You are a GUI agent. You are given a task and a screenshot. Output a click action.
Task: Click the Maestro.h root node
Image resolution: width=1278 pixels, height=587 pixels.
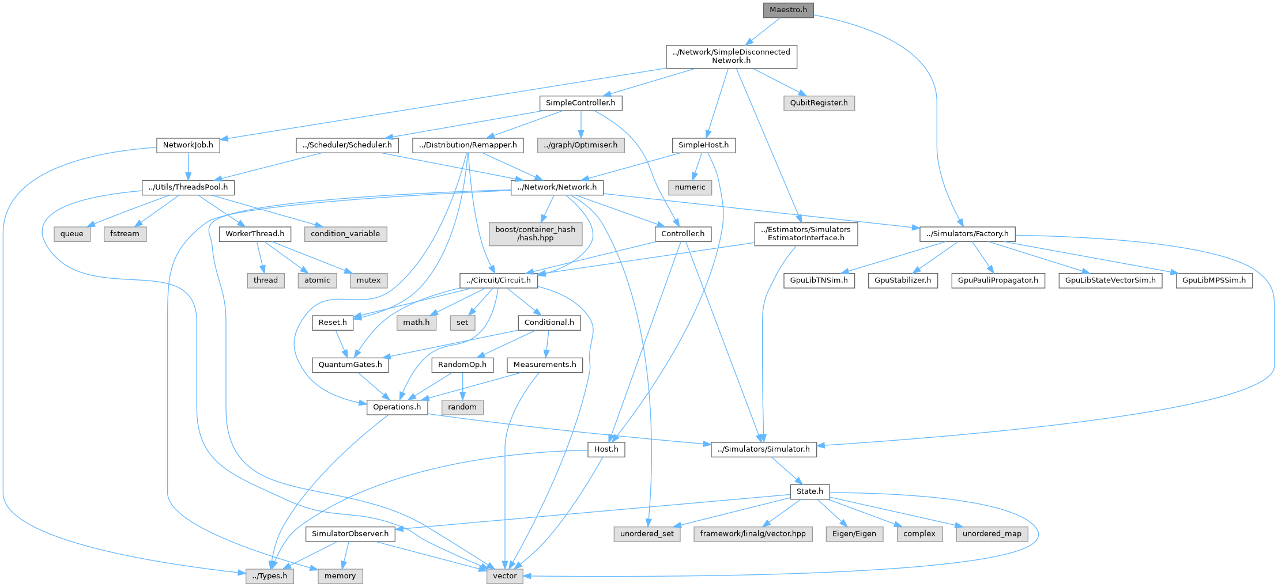788,10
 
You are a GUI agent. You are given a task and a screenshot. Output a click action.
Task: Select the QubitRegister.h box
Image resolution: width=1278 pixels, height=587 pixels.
819,103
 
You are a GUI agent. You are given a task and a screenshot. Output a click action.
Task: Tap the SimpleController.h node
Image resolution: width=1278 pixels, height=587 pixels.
580,103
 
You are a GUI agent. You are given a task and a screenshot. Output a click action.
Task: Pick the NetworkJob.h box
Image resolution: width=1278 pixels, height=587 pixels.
188,145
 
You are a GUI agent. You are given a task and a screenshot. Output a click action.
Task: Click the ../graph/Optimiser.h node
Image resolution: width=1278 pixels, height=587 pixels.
580,145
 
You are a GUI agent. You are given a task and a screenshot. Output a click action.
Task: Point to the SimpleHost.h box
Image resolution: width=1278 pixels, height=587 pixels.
703,145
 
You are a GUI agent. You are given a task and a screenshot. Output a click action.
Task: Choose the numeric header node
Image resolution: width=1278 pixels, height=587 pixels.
690,187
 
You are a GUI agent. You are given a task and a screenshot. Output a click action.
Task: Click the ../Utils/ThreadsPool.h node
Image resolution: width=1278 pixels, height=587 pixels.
188,187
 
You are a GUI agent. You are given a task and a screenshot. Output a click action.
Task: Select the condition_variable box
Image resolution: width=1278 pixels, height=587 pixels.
345,234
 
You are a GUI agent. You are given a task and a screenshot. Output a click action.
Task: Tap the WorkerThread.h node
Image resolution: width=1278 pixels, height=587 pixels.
255,234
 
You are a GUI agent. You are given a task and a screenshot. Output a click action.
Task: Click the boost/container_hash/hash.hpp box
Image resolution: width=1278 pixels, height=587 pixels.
536,233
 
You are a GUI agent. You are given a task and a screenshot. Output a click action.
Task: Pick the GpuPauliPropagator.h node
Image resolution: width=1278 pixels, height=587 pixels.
998,281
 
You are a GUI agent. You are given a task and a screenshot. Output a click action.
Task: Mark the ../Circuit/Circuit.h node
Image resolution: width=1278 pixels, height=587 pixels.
499,281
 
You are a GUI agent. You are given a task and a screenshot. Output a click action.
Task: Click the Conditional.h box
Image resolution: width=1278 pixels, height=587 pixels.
549,323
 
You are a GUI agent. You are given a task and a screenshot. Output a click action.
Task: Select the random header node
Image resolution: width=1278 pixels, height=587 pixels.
462,407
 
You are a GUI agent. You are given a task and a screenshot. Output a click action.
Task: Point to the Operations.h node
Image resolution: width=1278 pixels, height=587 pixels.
397,407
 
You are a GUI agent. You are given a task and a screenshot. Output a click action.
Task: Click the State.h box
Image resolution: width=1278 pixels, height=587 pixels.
810,491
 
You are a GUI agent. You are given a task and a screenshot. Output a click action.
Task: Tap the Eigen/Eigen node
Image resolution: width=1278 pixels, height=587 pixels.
854,534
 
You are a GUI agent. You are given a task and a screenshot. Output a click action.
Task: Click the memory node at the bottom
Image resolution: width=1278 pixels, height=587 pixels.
340,576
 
